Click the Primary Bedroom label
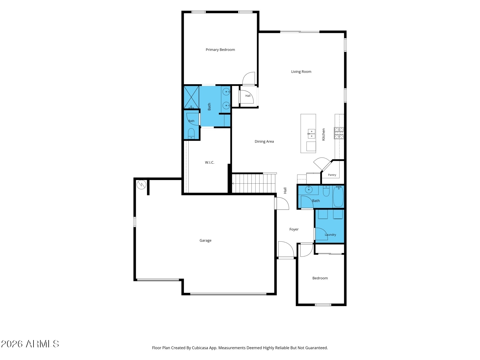point(220,50)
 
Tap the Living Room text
point(301,72)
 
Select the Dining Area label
point(264,141)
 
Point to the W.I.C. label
point(209,163)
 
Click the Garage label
point(205,240)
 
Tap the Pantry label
point(332,175)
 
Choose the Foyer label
point(294,229)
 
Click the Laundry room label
point(330,235)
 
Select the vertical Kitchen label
point(324,134)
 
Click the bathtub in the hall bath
point(338,197)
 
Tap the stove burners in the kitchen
point(339,133)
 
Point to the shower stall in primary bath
point(191,97)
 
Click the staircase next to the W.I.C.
point(253,183)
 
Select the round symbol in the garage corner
point(141,184)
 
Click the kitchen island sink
point(311,134)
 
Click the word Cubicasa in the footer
point(200,348)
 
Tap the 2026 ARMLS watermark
point(30,344)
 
